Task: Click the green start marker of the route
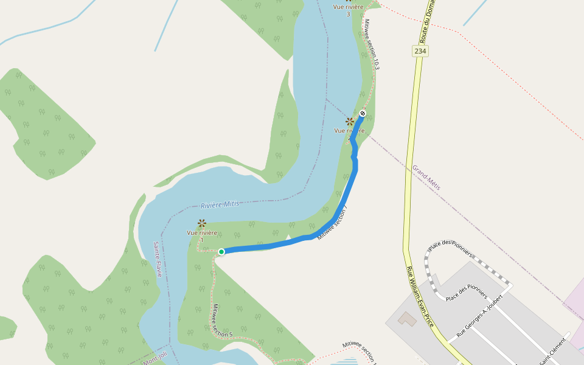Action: click(221, 252)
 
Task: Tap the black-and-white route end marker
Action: click(363, 113)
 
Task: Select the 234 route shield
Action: click(420, 51)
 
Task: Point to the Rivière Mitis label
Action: click(220, 204)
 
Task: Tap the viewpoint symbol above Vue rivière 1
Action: click(202, 223)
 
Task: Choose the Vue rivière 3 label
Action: click(349, 10)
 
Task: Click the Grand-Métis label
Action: click(426, 177)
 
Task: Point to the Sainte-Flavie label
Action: click(157, 259)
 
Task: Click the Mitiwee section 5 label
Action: click(221, 321)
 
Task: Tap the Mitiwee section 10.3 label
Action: click(372, 44)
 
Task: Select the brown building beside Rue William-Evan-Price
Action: click(405, 318)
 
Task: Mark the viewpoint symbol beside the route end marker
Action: click(350, 121)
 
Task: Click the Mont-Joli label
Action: click(155, 361)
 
